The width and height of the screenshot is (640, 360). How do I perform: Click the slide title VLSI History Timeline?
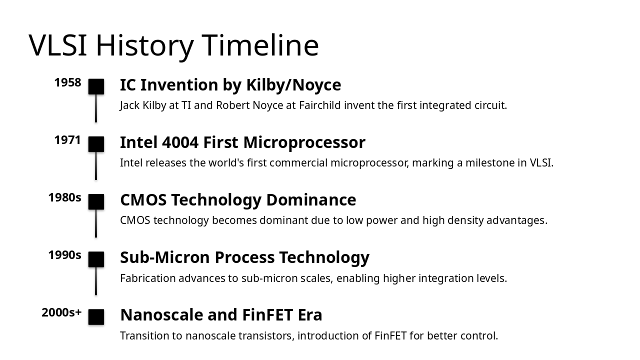[173, 45]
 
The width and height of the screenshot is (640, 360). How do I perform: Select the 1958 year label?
[67, 83]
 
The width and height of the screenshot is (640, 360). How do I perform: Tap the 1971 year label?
[67, 140]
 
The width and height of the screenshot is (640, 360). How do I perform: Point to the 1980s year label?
[64, 198]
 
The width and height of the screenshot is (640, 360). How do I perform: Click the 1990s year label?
[64, 255]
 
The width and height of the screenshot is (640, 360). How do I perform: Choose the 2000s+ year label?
[61, 313]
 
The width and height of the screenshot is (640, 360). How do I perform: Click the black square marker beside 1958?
[96, 86]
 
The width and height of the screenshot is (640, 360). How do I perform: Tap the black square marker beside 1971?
[96, 144]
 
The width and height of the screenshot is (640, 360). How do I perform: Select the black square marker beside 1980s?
[96, 201]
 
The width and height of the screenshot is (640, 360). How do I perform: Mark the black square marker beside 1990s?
[96, 259]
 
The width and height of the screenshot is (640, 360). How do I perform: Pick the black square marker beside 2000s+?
[96, 317]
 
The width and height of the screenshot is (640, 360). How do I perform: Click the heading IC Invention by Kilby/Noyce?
[230, 85]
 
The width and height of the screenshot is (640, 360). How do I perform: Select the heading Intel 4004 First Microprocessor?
[242, 142]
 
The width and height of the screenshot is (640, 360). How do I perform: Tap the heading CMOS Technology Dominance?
[238, 200]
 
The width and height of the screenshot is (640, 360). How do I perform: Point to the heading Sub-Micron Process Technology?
[244, 257]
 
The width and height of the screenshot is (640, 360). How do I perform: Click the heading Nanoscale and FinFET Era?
[221, 315]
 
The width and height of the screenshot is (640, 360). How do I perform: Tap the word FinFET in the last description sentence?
[390, 336]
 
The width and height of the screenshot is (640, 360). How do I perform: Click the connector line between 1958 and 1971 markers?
[96, 108]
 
